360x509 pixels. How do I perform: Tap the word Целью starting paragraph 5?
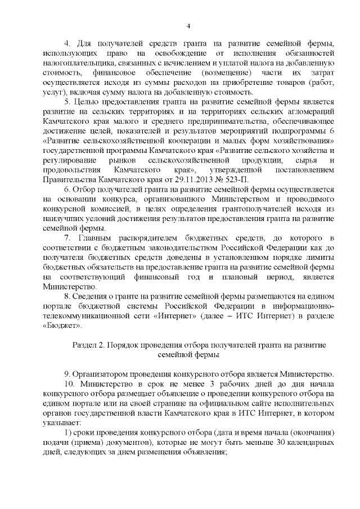pos(88,102)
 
